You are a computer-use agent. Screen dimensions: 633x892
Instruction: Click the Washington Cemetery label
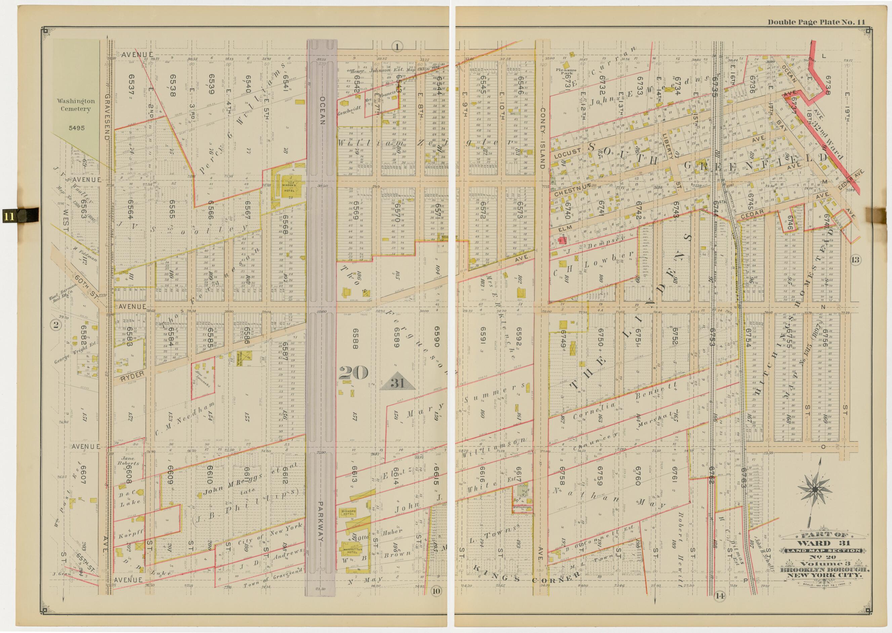(76, 105)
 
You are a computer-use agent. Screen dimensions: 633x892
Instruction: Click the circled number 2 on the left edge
(56, 324)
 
